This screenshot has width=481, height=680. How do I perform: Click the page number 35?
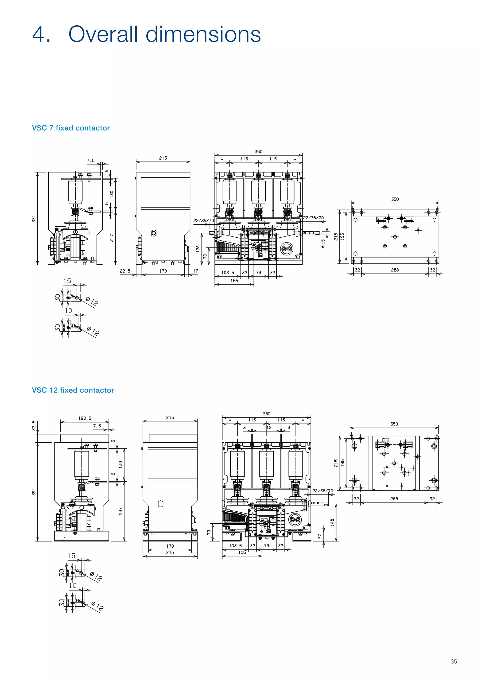pos(454,661)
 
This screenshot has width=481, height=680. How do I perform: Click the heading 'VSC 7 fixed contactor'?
pos(71,128)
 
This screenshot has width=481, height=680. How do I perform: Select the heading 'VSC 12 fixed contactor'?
pos(73,390)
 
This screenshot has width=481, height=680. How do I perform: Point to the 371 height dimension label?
pos(34,219)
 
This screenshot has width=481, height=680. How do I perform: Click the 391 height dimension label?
pos(34,492)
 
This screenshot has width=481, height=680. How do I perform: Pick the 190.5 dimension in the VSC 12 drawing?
pos(85,418)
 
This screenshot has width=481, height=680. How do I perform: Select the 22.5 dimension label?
pos(125,271)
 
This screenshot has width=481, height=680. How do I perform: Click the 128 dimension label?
pos(198,249)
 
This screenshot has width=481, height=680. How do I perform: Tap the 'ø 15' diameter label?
pos(323,243)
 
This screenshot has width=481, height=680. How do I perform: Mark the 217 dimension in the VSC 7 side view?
pos(112,238)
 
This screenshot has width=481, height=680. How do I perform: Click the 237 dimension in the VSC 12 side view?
pos(120,511)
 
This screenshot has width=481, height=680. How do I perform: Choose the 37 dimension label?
pos(320,536)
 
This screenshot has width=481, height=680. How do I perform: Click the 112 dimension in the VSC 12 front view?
pos(268,427)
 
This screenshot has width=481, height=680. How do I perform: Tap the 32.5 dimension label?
pos(34,426)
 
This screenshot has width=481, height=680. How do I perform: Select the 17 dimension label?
pos(195,271)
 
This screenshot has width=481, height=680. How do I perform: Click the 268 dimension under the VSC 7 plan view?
pos(395,270)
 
